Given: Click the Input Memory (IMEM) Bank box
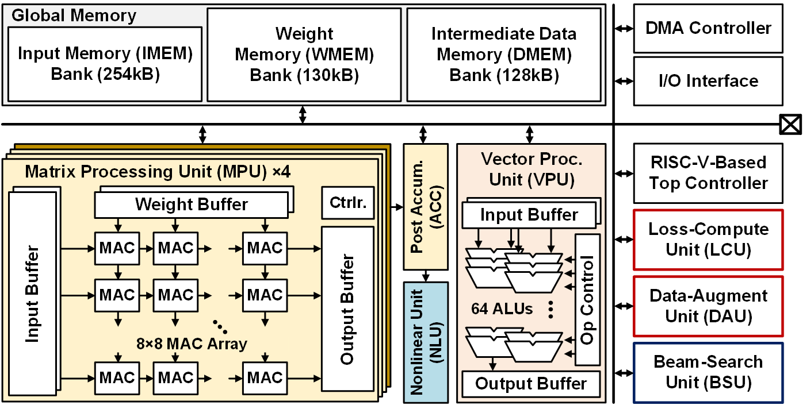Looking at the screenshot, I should pyautogui.click(x=104, y=64).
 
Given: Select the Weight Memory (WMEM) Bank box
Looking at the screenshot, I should pyautogui.click(x=304, y=55).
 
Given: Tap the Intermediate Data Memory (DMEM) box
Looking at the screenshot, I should pyautogui.click(x=503, y=55).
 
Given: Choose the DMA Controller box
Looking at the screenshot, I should pyautogui.click(x=708, y=28).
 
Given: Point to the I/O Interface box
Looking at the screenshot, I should pyautogui.click(x=708, y=81).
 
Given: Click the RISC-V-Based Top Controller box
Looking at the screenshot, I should pyautogui.click(x=708, y=173).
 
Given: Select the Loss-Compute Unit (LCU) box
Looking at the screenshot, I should pyautogui.click(x=708, y=240).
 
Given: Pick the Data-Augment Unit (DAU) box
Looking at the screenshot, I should pyautogui.click(x=708, y=306).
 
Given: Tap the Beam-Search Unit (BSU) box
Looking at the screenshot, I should pyautogui.click(x=708, y=372).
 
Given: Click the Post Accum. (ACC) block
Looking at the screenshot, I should pyautogui.click(x=426, y=207).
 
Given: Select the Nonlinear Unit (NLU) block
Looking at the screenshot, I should pyautogui.click(x=426, y=342).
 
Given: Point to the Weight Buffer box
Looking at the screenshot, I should pyautogui.click(x=191, y=205).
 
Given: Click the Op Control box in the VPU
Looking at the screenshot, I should pyautogui.click(x=587, y=299).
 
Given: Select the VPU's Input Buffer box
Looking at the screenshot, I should pyautogui.click(x=529, y=215).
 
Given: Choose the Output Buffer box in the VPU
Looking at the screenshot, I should pyautogui.click(x=531, y=384).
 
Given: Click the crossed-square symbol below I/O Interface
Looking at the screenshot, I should pyautogui.click(x=790, y=125).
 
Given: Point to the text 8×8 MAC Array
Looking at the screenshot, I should pyautogui.click(x=192, y=344).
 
